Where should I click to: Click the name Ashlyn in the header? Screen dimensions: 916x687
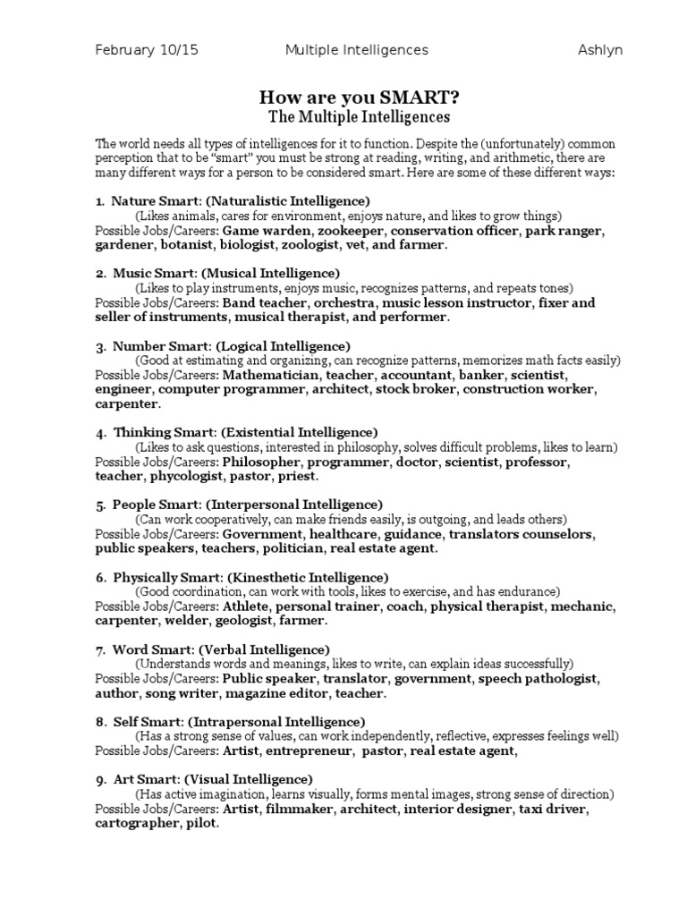click(599, 50)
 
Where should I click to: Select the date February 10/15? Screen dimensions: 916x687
click(147, 50)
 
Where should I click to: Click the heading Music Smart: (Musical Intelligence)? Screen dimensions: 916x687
click(226, 273)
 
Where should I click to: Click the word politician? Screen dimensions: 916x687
click(294, 548)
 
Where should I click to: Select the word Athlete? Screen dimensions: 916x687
click(245, 606)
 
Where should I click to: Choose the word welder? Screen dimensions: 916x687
click(187, 620)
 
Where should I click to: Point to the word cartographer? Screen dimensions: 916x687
click(137, 824)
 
